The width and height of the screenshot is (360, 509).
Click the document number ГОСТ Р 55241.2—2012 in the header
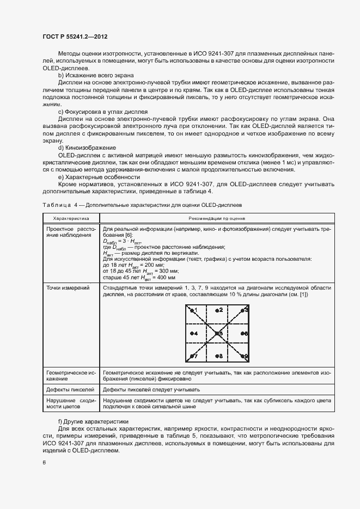pos(74,37)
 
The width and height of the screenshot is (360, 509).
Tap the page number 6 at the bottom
pos(44,463)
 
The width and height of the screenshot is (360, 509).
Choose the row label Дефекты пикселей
pos(70,389)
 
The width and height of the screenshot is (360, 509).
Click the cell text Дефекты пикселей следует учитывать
pos(151,389)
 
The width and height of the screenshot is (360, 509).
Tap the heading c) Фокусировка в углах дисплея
pos(103,112)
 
